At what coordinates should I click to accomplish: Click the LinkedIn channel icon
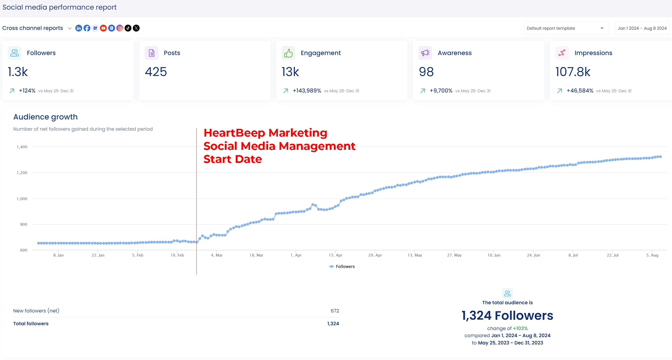point(78,28)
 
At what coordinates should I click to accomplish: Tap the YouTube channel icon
point(103,28)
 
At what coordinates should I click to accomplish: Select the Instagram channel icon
point(120,28)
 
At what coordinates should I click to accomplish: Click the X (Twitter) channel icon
point(136,28)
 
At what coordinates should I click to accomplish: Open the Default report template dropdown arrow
point(602,28)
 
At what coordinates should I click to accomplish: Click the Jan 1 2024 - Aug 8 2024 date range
point(642,28)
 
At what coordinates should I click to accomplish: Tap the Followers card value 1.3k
point(18,72)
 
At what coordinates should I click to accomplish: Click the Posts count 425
point(156,72)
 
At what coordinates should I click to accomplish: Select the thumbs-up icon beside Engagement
point(288,53)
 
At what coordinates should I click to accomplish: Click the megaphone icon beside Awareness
point(425,53)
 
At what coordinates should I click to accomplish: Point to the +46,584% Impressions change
point(580,91)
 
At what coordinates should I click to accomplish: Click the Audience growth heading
point(45,117)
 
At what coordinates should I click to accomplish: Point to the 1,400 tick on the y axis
point(22,147)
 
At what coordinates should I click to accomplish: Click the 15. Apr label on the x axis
point(335,255)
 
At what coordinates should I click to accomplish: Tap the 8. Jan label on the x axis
point(58,255)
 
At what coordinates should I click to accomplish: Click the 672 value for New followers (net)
point(335,311)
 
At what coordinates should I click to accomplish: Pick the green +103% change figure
point(520,328)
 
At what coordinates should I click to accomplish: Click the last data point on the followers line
point(660,157)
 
